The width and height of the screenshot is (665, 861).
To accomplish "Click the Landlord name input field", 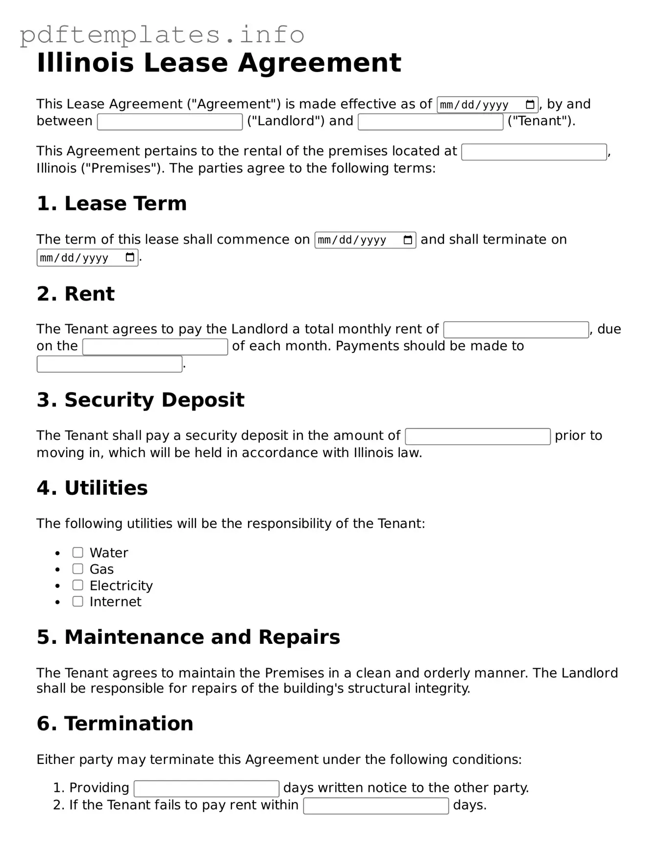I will pyautogui.click(x=170, y=122).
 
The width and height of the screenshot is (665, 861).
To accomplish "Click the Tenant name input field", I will pyautogui.click(x=430, y=122).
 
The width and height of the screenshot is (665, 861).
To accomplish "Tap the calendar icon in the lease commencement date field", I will pyautogui.click(x=408, y=240).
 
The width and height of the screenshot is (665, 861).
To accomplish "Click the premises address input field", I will pyautogui.click(x=534, y=152).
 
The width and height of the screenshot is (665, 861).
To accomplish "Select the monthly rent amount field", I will pyautogui.click(x=516, y=330).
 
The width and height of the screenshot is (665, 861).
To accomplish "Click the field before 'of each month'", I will pyautogui.click(x=155, y=347).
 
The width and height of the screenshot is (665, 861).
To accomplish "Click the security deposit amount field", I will pyautogui.click(x=477, y=436).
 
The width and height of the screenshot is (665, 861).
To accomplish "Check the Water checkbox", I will pyautogui.click(x=78, y=553).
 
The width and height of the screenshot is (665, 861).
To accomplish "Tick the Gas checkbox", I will pyautogui.click(x=78, y=569).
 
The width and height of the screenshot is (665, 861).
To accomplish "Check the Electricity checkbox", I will pyautogui.click(x=78, y=585).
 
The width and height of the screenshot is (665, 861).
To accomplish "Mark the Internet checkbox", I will pyautogui.click(x=78, y=601).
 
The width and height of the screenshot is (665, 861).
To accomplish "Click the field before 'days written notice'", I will pyautogui.click(x=206, y=788).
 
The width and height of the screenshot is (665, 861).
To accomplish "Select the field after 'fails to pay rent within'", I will pyautogui.click(x=376, y=806).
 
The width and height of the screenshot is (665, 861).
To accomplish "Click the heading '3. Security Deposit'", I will pyautogui.click(x=140, y=400).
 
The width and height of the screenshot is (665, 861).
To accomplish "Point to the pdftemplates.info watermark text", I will pyautogui.click(x=162, y=34).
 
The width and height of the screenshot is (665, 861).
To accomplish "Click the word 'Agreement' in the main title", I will pyautogui.click(x=319, y=63).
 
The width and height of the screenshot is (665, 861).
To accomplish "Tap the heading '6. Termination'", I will pyautogui.click(x=115, y=723).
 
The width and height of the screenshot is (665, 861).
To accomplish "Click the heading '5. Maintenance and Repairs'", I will pyautogui.click(x=188, y=637).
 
